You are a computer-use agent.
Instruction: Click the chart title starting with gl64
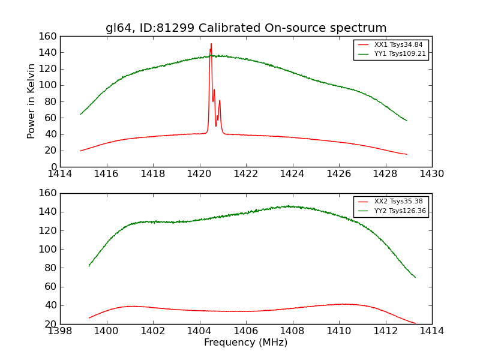(246, 28)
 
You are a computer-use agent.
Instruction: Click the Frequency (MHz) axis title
(246, 343)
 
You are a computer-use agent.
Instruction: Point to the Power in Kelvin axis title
(32, 101)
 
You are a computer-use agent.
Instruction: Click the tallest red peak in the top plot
(211, 44)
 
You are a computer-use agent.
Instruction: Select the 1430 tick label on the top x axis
(431, 174)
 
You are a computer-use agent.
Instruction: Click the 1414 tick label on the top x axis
(61, 174)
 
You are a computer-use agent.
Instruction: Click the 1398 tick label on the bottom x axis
(61, 331)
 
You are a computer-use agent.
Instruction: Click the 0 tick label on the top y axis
(53, 167)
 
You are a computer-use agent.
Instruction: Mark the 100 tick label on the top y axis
(48, 85)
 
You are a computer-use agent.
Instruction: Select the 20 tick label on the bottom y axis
(50, 324)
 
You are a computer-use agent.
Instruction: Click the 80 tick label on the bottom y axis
(50, 268)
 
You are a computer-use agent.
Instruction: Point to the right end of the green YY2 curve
(415, 277)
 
